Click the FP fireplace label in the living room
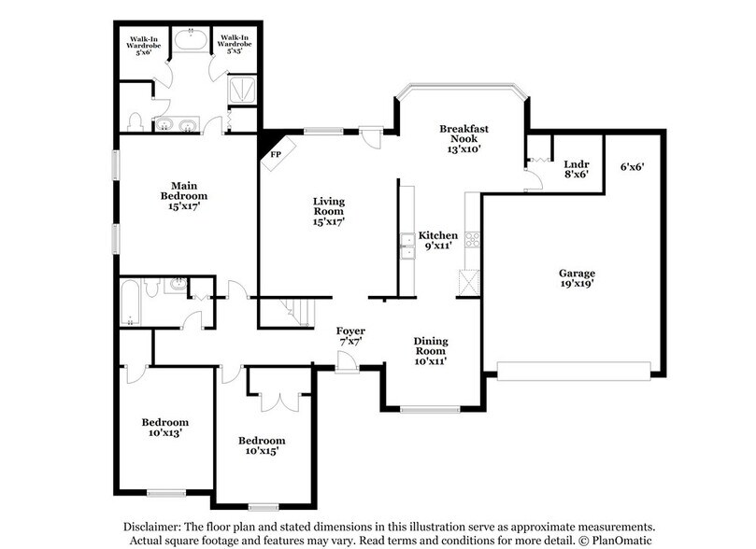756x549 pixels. point(277,154)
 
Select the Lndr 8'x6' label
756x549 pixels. point(576,168)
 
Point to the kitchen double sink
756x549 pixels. point(407,246)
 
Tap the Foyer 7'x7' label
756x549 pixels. point(351,337)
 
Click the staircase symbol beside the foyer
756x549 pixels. point(285,312)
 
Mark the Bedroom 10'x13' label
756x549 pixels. point(164,428)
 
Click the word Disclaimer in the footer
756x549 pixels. point(154,525)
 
